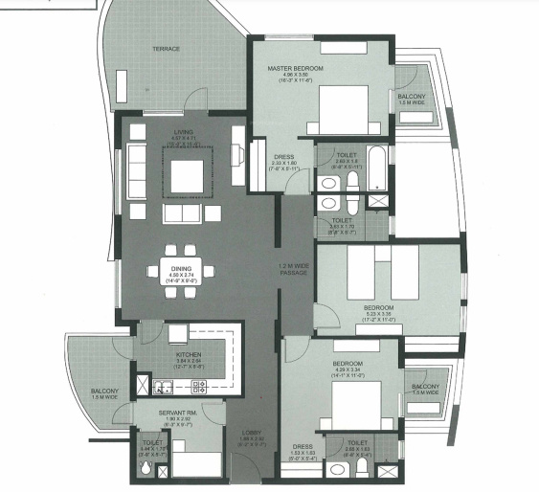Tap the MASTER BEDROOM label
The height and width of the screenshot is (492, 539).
(296, 69)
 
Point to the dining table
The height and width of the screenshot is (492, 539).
(181, 275)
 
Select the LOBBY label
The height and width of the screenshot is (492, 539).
(250, 434)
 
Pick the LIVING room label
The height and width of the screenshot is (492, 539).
(183, 132)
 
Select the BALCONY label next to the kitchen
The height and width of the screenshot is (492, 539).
(105, 391)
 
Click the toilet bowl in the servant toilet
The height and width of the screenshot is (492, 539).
(146, 468)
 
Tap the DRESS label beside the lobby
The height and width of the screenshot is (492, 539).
(303, 445)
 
